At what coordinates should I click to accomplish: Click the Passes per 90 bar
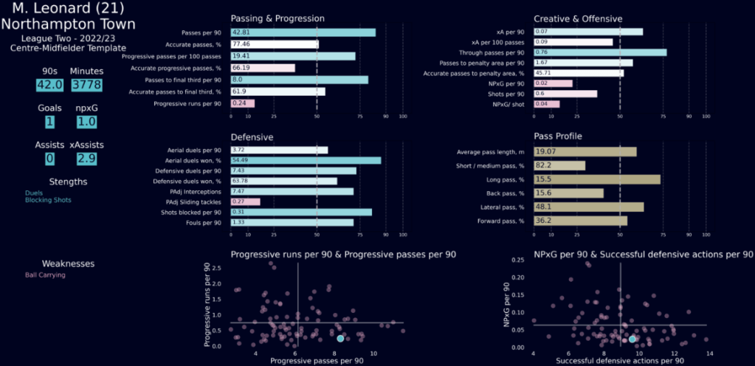pos(303,32)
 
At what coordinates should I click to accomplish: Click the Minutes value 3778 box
pos(86,84)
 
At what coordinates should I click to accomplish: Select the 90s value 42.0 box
pos(49,84)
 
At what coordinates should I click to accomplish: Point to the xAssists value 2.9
pos(87,159)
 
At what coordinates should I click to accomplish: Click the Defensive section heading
pos(252,137)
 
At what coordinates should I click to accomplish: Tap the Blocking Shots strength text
pos(49,200)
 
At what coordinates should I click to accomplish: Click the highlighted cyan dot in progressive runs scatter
pos(340,338)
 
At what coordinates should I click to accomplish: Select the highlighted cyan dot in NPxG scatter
pos(632,339)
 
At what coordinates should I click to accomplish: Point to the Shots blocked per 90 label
pos(191,212)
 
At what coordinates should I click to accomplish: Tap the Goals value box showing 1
pos(49,122)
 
